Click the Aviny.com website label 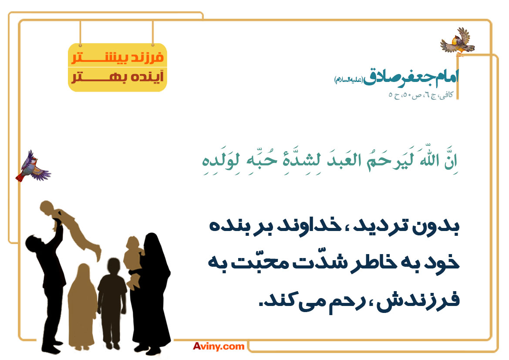[x=219, y=346]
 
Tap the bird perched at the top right [x=458, y=42]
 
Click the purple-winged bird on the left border [x=33, y=167]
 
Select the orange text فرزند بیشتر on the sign [x=118, y=58]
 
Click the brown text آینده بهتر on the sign [x=118, y=77]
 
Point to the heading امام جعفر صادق [x=411, y=77]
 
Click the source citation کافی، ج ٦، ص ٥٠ [x=421, y=95]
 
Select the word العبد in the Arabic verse [x=344, y=160]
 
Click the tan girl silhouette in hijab [x=82, y=306]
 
